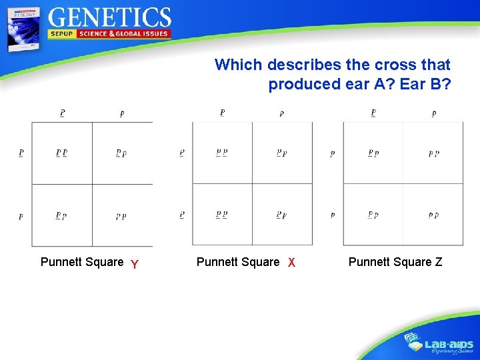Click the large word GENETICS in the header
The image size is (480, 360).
coord(110,17)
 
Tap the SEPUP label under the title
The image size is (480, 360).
coord(62,33)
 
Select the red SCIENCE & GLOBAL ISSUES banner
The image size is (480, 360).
coord(123,33)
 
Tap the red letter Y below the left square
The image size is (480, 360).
coord(135,265)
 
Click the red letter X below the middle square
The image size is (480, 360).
coord(291,263)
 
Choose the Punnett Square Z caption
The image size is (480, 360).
coord(395,262)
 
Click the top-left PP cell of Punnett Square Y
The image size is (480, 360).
coord(61,153)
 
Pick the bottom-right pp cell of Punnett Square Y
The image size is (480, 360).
coord(121,216)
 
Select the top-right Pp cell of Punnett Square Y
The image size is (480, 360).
coord(121,153)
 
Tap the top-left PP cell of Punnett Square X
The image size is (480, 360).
coord(222,153)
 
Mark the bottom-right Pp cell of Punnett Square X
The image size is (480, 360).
coord(282,215)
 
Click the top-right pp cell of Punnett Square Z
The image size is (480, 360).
coord(433,153)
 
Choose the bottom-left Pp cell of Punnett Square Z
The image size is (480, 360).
coord(373,215)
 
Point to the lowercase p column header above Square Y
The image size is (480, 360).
coord(122,113)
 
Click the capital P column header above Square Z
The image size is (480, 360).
coord(373,113)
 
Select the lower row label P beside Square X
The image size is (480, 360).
coord(181,215)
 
